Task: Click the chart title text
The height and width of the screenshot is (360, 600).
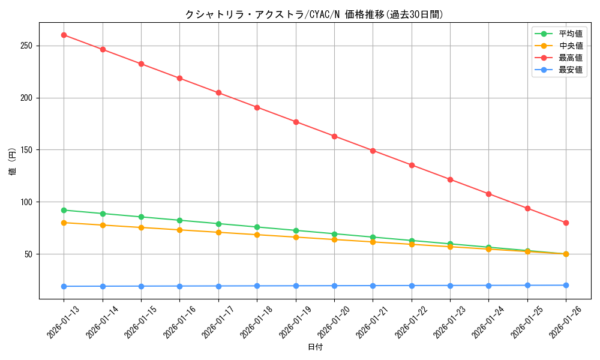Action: click(x=315, y=14)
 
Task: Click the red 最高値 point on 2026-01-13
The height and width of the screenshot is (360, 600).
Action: click(x=64, y=35)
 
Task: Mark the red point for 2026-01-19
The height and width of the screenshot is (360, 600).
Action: click(x=296, y=122)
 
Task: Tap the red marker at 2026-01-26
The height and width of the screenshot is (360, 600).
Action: click(x=566, y=223)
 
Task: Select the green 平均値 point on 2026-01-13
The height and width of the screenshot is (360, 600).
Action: click(x=64, y=210)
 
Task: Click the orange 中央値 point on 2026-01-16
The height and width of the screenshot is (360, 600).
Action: click(x=179, y=230)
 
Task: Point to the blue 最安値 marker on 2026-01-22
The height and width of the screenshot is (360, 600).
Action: click(x=412, y=286)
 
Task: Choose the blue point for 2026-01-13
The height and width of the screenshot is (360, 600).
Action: click(x=64, y=286)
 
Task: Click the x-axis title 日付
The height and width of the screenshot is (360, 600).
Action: click(x=315, y=347)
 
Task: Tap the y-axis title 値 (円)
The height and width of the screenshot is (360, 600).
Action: click(x=13, y=162)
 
